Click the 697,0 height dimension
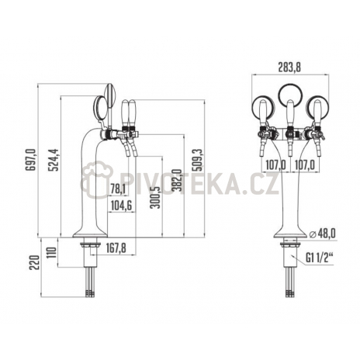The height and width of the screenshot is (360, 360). point(30,160)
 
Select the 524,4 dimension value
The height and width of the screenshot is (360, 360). point(54,160)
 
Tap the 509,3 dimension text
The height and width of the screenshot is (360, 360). point(199,160)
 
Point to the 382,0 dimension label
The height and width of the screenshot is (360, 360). point(178,180)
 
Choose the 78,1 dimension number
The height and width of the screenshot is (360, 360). point(118,189)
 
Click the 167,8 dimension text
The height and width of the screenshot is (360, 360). point(116,248)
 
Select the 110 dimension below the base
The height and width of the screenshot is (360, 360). point(52,254)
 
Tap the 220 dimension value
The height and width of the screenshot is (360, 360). point(34,262)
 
